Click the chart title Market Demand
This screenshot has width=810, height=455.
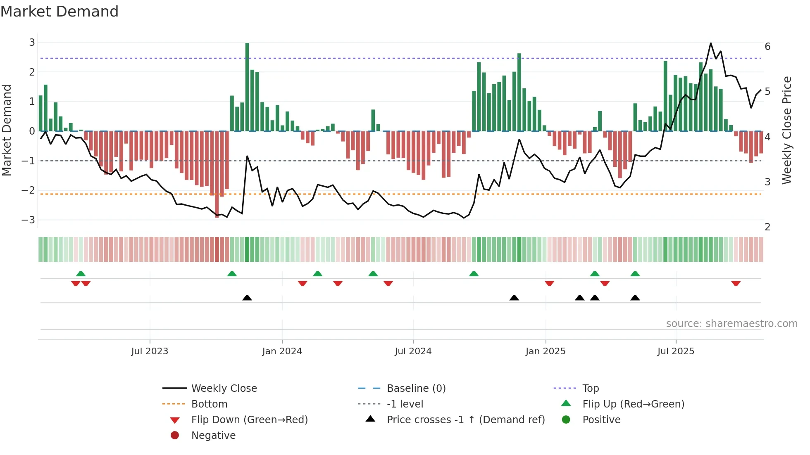pyautogui.click(x=60, y=12)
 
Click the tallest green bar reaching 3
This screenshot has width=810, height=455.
pyautogui.click(x=247, y=87)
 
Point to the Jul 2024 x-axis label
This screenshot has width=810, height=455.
pyautogui.click(x=413, y=351)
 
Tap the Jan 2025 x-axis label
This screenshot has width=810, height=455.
pyautogui.click(x=545, y=351)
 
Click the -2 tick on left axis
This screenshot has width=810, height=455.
pyautogui.click(x=29, y=190)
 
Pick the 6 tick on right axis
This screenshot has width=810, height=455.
pyautogui.click(x=767, y=47)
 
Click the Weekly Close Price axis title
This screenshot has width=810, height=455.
pyautogui.click(x=787, y=130)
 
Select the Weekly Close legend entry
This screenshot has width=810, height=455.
pyautogui.click(x=224, y=389)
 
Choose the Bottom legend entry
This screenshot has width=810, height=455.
pyautogui.click(x=209, y=404)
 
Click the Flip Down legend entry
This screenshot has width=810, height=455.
pyautogui.click(x=249, y=420)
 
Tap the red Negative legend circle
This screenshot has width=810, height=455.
pyautogui.click(x=175, y=436)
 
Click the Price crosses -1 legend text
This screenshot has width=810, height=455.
pyautogui.click(x=465, y=420)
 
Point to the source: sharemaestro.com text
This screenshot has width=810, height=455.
pyautogui.click(x=731, y=324)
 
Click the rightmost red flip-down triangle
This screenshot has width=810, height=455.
pyautogui.click(x=736, y=283)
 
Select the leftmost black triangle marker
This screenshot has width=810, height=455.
pyautogui.click(x=247, y=298)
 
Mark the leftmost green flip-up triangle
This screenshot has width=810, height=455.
pyautogui.click(x=81, y=274)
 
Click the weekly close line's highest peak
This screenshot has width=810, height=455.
pyautogui.click(x=711, y=43)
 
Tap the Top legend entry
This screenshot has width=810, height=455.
pyautogui.click(x=590, y=389)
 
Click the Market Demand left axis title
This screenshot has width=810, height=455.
pyautogui.click(x=7, y=130)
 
